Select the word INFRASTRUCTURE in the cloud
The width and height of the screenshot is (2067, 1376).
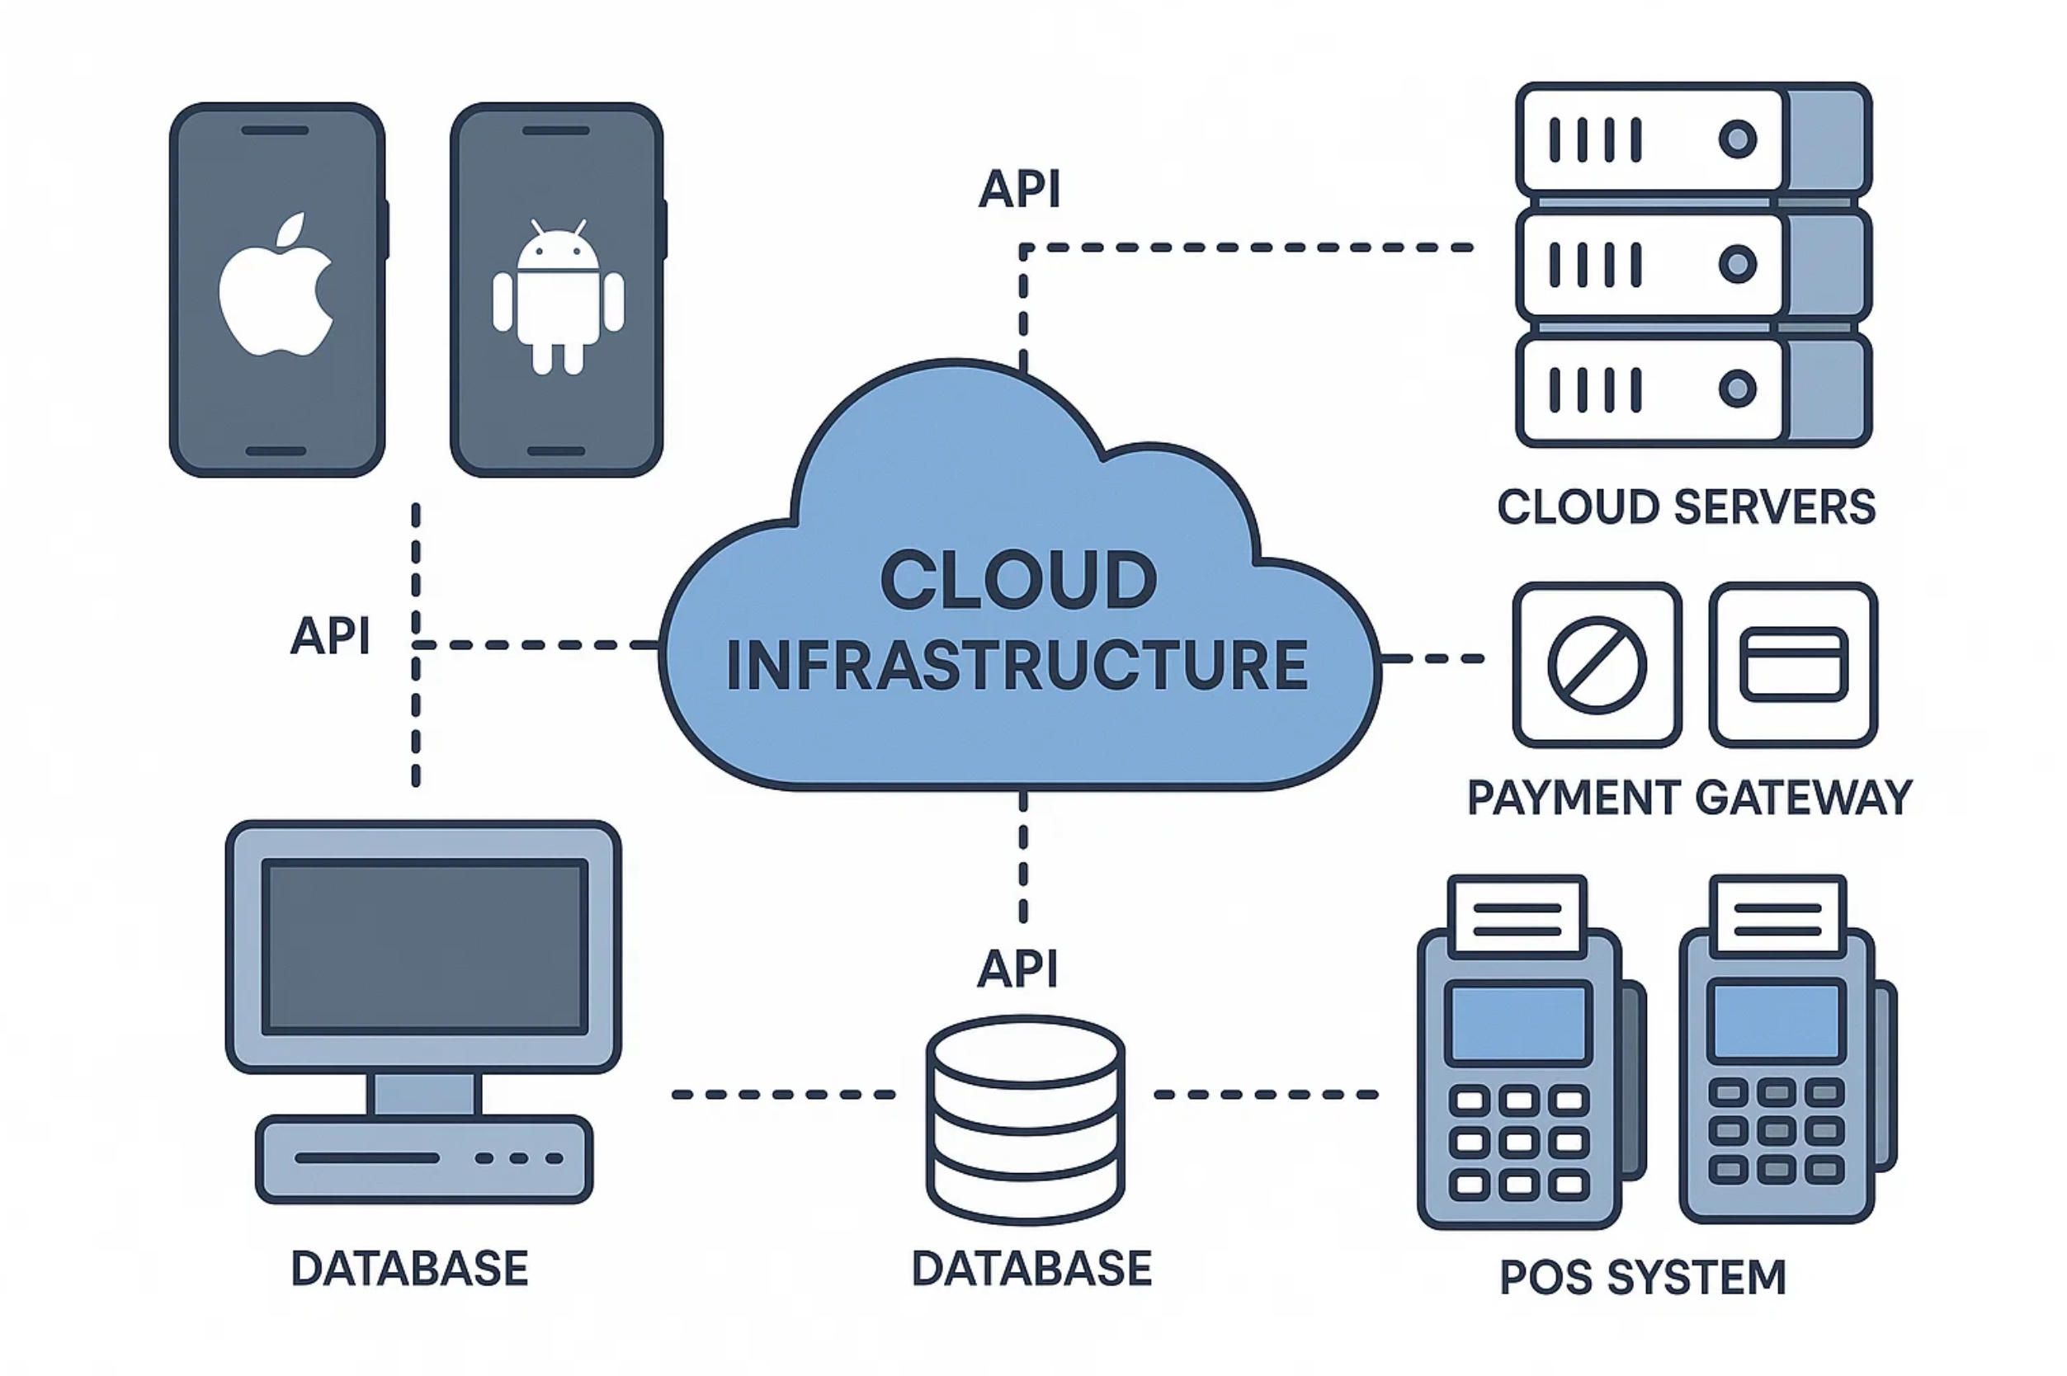coord(1017,664)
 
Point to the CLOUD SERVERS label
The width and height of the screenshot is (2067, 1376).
coord(1685,507)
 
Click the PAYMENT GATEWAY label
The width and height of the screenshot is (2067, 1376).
coord(1689,798)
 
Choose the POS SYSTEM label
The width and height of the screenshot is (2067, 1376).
coord(1642,1278)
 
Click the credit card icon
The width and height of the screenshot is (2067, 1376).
coord(1792,664)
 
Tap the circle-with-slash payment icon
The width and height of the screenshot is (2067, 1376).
coord(1597,664)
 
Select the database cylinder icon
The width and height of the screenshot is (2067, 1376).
coord(1025,1119)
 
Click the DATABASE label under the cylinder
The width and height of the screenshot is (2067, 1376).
coord(1031,1269)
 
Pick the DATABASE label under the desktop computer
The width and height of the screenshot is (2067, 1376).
coord(409,1269)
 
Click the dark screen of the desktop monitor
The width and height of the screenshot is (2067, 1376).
coord(425,946)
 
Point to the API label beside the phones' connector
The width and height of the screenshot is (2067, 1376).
coord(330,635)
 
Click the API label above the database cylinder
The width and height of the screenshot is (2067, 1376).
coord(1017,968)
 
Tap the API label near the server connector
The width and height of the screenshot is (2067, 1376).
coord(1019,189)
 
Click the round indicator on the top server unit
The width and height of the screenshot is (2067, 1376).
coord(1737,139)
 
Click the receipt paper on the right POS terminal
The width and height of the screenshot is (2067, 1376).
coord(1777,917)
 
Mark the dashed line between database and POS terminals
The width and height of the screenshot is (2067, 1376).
coord(1265,1095)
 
